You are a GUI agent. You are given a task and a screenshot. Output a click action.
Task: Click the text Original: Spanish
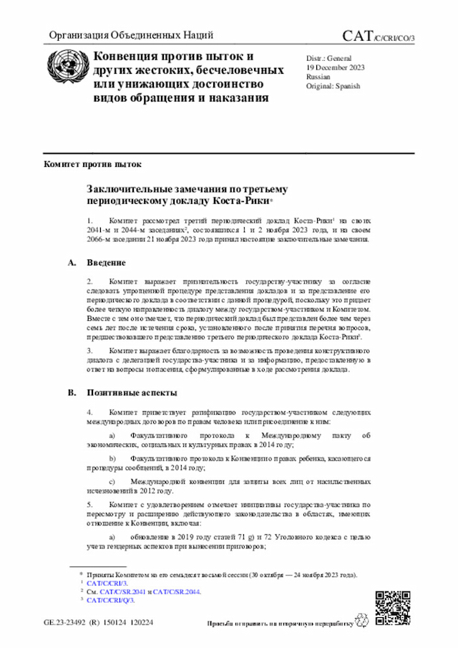click(x=333, y=86)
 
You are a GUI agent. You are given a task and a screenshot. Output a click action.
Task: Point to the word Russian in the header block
click(x=318, y=76)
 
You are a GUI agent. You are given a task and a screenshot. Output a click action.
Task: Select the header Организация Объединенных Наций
click(x=130, y=36)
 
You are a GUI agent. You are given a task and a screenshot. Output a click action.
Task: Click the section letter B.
click(x=72, y=393)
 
